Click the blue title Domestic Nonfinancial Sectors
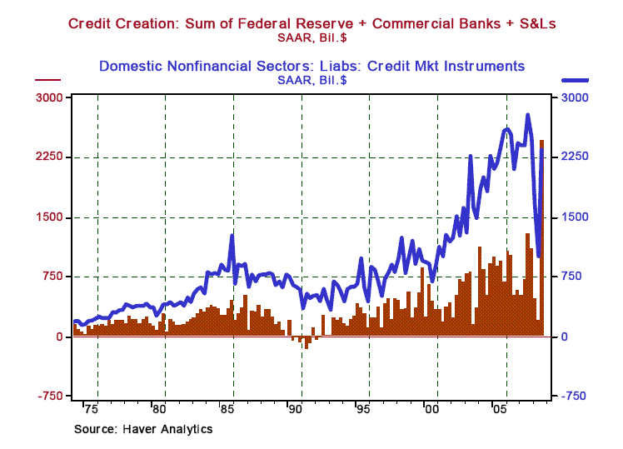pyautogui.click(x=311, y=65)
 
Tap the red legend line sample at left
pyautogui.click(x=47, y=81)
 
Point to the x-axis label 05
pyautogui.click(x=499, y=411)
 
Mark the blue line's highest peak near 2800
pyautogui.click(x=527, y=116)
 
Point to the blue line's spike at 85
pyautogui.click(x=232, y=237)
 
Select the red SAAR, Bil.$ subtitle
pyautogui.click(x=311, y=37)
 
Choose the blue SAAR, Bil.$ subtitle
pyautogui.click(x=311, y=80)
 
